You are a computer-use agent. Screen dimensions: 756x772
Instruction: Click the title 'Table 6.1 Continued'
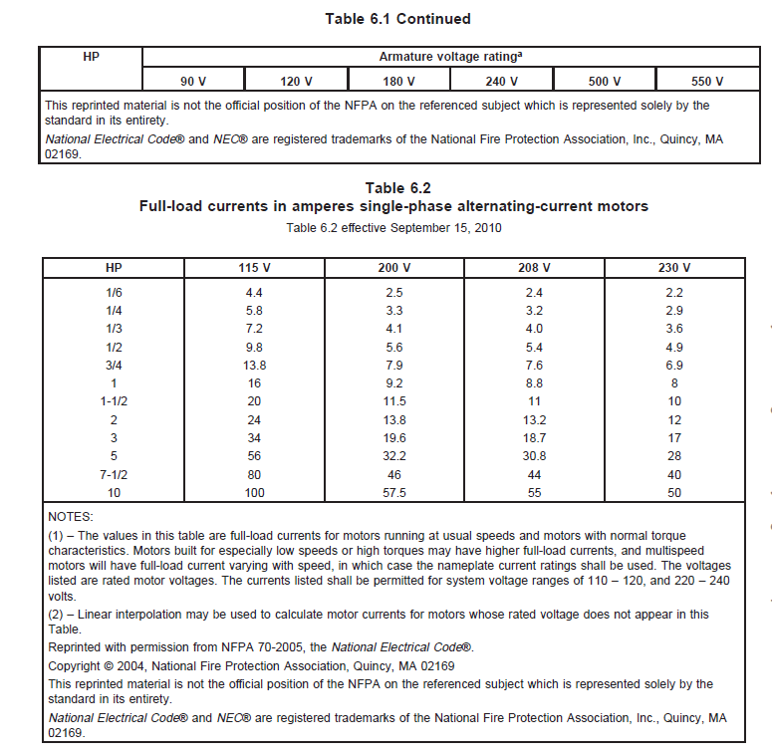pyautogui.click(x=397, y=19)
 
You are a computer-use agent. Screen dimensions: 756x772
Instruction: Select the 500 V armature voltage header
pyautogui.click(x=604, y=81)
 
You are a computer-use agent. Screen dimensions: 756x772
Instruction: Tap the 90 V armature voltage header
pyautogui.click(x=193, y=81)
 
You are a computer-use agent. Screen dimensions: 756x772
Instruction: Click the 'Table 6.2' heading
pyautogui.click(x=397, y=188)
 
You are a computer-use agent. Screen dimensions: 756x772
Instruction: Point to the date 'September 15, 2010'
pyautogui.click(x=446, y=227)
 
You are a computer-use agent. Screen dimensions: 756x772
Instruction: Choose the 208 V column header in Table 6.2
pyautogui.click(x=534, y=268)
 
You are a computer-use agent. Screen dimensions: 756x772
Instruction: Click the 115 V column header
pyautogui.click(x=253, y=268)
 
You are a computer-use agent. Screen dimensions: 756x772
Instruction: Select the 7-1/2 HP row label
pyautogui.click(x=113, y=475)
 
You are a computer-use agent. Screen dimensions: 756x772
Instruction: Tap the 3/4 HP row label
pyautogui.click(x=113, y=366)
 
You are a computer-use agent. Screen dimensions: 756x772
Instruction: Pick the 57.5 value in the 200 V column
pyautogui.click(x=393, y=493)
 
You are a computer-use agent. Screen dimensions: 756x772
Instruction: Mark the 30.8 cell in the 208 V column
pyautogui.click(x=534, y=456)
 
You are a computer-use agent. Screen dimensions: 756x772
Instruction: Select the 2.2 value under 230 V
pyautogui.click(x=674, y=293)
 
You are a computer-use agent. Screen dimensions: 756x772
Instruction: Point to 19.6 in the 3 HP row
pyautogui.click(x=393, y=438)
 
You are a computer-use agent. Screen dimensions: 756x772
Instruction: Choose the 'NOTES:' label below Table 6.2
pyautogui.click(x=71, y=518)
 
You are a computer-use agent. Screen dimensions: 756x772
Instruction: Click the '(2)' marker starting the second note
pyautogui.click(x=57, y=615)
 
